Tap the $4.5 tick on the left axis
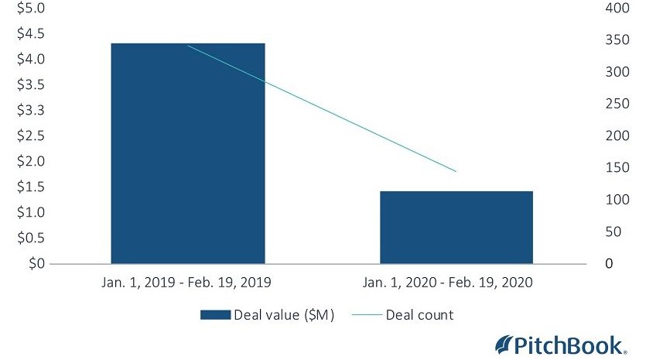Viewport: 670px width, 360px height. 26,33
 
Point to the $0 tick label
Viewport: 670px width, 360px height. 36,263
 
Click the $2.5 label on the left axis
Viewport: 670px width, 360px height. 26,135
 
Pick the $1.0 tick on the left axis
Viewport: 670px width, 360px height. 26,212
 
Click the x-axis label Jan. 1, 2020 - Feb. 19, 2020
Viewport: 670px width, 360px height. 456,283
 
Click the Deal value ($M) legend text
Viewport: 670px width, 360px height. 285,315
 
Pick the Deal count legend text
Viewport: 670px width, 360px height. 420,315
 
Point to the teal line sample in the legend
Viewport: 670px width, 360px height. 367,315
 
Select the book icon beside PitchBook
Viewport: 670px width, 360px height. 504,343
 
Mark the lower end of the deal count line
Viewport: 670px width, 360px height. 456,171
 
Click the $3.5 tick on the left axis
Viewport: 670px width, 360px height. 26,84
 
